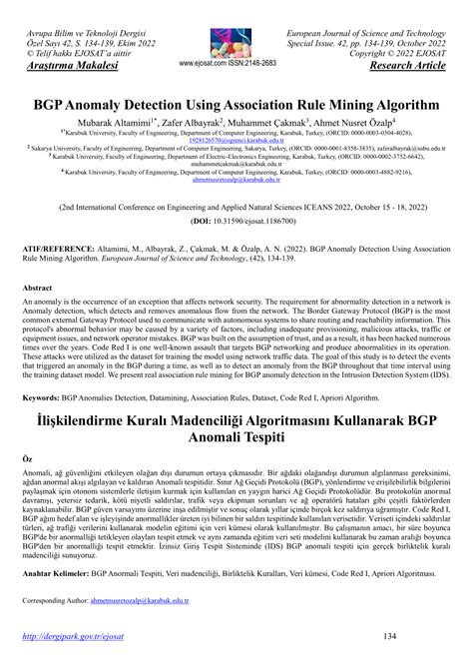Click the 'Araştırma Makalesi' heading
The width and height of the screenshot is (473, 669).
click(68, 67)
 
